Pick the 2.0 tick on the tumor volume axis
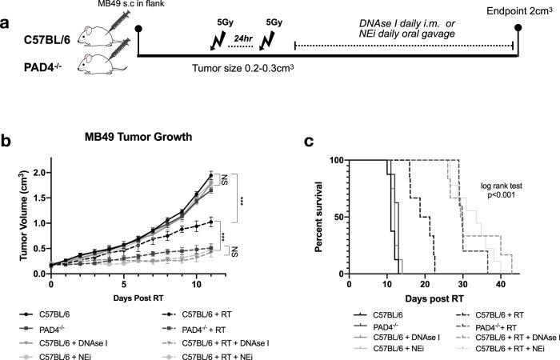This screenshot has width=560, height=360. pyautogui.click(x=38, y=172)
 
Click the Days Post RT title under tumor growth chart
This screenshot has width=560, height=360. pyautogui.click(x=130, y=295)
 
